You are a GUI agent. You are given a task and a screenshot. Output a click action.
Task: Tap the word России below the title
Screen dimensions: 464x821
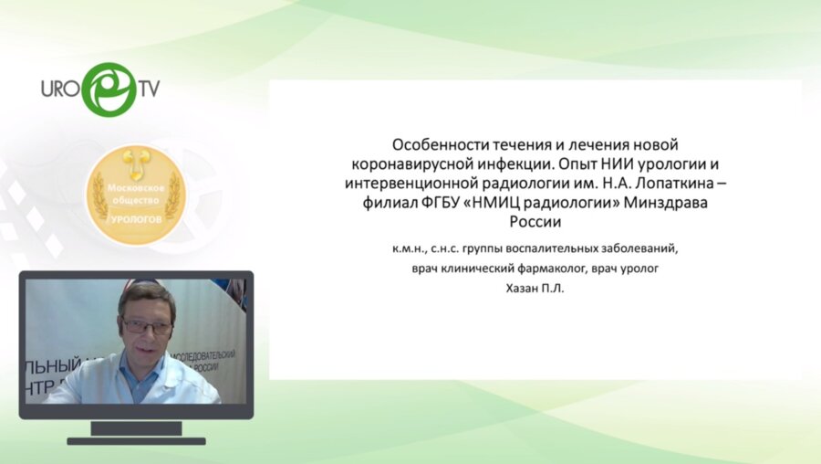click(x=535, y=221)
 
